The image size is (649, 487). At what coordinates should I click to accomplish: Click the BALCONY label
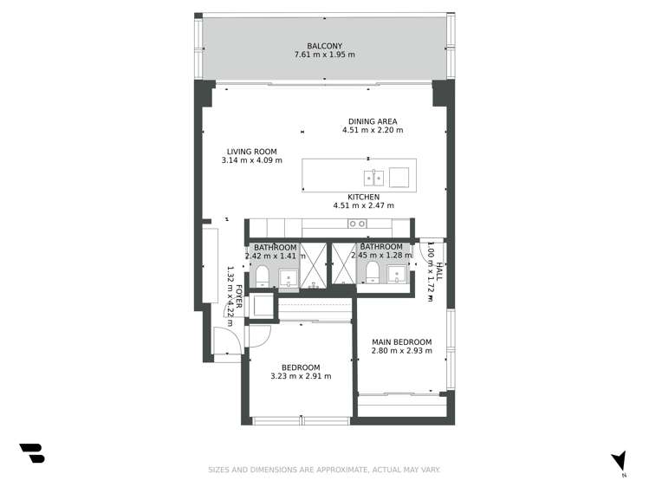(325, 46)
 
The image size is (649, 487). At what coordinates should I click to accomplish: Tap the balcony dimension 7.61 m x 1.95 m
(325, 55)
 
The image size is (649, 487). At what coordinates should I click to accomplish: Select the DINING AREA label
(373, 121)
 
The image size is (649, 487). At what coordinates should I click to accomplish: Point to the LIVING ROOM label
(251, 151)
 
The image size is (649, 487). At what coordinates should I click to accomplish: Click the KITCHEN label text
(363, 197)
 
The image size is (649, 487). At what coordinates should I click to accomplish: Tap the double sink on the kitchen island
(374, 178)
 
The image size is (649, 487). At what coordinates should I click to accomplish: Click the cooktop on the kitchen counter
(357, 224)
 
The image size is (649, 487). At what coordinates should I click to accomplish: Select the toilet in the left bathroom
(262, 276)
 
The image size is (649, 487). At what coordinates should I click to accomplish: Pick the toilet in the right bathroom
(373, 274)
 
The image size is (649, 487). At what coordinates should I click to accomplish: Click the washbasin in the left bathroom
(288, 276)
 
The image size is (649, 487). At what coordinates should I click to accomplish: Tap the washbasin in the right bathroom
(398, 275)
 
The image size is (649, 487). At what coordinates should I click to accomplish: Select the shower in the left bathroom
(314, 265)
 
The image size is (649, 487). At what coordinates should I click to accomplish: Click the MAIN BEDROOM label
(401, 342)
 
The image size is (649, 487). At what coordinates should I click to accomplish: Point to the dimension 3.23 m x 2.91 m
(301, 376)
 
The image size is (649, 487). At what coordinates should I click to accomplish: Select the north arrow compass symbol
(618, 460)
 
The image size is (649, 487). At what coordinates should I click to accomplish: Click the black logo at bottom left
(32, 453)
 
